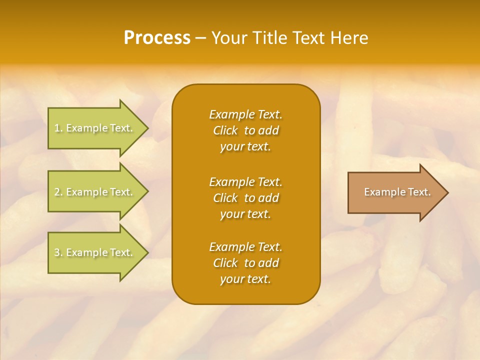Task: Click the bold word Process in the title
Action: [157, 38]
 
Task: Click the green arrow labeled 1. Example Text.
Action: [95, 128]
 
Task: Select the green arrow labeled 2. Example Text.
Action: [95, 192]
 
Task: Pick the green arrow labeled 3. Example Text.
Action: [95, 252]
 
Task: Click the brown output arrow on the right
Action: [395, 192]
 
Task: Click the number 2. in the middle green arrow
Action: [58, 192]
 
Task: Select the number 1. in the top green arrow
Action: [58, 128]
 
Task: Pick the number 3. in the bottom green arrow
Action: [58, 252]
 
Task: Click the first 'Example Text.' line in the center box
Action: [245, 114]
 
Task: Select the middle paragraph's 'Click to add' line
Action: [245, 198]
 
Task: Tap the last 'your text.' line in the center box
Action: [245, 279]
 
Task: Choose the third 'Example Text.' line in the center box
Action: [245, 247]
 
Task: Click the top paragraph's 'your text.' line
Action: [245, 146]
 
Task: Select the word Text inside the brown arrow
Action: [419, 192]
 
